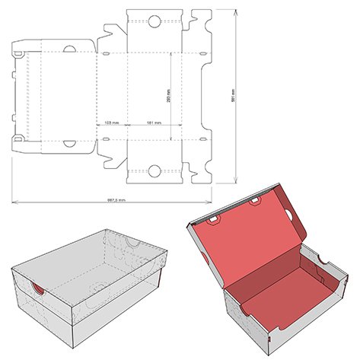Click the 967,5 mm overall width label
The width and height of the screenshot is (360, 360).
[116, 200]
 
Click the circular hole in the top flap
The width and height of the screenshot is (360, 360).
[155, 21]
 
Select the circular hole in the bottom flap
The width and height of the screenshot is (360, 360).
[155, 172]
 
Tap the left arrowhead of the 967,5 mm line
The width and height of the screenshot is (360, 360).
[13, 203]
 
